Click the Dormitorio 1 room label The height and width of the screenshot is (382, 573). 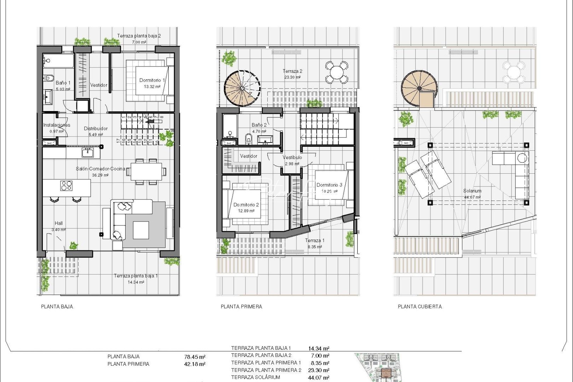[152, 80]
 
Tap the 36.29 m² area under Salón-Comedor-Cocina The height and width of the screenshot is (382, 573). [100, 175]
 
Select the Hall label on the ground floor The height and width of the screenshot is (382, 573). [59, 223]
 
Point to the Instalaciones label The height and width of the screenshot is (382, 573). [57, 125]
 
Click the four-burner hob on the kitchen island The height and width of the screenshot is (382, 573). [66, 185]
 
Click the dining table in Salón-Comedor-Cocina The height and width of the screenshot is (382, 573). [146, 172]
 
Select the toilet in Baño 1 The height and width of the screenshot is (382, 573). [49, 78]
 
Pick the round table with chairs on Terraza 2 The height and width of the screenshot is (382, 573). [336, 72]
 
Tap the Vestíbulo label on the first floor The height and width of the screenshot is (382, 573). [292, 157]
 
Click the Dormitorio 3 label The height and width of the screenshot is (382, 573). [329, 185]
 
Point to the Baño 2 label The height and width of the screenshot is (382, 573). [259, 125]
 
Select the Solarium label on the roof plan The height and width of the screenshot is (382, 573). [472, 191]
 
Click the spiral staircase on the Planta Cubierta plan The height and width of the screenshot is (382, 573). [419, 88]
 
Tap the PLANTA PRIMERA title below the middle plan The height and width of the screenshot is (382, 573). [241, 307]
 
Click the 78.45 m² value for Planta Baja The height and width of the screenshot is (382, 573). [195, 357]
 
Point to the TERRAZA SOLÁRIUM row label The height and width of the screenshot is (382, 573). [255, 377]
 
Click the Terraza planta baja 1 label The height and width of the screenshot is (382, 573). [135, 276]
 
